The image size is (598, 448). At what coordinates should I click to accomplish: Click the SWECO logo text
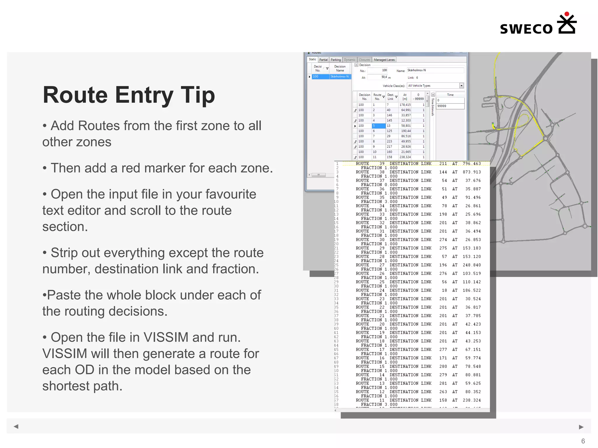click(526, 29)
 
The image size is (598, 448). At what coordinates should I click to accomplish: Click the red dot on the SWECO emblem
click(567, 14)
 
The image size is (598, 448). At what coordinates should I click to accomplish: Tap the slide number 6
click(583, 441)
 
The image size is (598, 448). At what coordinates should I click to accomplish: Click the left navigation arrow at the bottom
click(16, 426)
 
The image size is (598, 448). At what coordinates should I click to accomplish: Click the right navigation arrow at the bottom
click(581, 427)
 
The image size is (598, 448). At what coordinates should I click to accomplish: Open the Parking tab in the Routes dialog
click(335, 60)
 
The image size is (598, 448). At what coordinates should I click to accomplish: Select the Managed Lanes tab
click(384, 60)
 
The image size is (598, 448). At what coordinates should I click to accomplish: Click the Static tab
click(312, 60)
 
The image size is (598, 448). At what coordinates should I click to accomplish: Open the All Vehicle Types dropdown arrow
click(461, 85)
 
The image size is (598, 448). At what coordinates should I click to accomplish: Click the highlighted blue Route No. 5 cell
click(378, 126)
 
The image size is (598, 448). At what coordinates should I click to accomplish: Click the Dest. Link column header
click(391, 97)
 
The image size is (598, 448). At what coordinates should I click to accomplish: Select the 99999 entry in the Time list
click(450, 106)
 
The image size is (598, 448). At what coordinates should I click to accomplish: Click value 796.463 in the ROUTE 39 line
click(472, 164)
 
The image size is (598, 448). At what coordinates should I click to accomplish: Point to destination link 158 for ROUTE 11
click(443, 400)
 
